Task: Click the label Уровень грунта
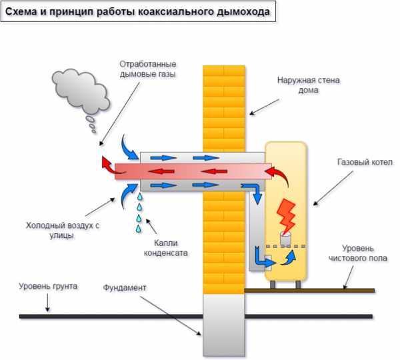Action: click(x=48, y=286)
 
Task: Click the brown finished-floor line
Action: click(x=313, y=290)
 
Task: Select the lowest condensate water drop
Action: click(x=139, y=229)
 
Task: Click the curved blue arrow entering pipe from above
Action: click(x=128, y=143)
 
